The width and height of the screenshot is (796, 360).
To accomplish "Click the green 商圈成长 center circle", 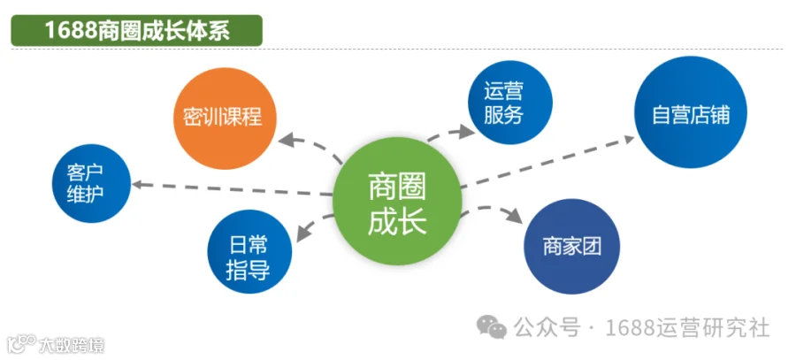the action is [397, 201].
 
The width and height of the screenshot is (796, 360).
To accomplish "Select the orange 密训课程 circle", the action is [225, 119].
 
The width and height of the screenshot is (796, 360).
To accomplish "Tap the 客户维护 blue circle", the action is [91, 183].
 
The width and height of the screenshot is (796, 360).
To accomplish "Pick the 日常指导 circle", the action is [249, 251].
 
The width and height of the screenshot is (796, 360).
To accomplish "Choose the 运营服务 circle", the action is [509, 102].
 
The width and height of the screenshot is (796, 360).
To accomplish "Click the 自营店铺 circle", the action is [691, 111].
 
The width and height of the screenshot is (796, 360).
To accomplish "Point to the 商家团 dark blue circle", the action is [571, 246].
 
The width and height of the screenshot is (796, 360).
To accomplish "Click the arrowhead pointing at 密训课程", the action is [287, 139].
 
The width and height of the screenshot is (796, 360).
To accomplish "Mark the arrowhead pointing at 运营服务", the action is [465, 132].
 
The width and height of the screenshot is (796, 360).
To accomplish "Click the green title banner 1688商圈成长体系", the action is [136, 30].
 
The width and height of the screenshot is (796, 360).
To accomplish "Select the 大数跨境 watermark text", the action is [72, 345].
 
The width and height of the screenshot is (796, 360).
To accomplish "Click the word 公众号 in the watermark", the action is [547, 327].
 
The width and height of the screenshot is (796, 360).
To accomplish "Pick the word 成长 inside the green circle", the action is [397, 221].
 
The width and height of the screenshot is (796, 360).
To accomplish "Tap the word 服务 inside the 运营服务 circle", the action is [503, 115].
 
